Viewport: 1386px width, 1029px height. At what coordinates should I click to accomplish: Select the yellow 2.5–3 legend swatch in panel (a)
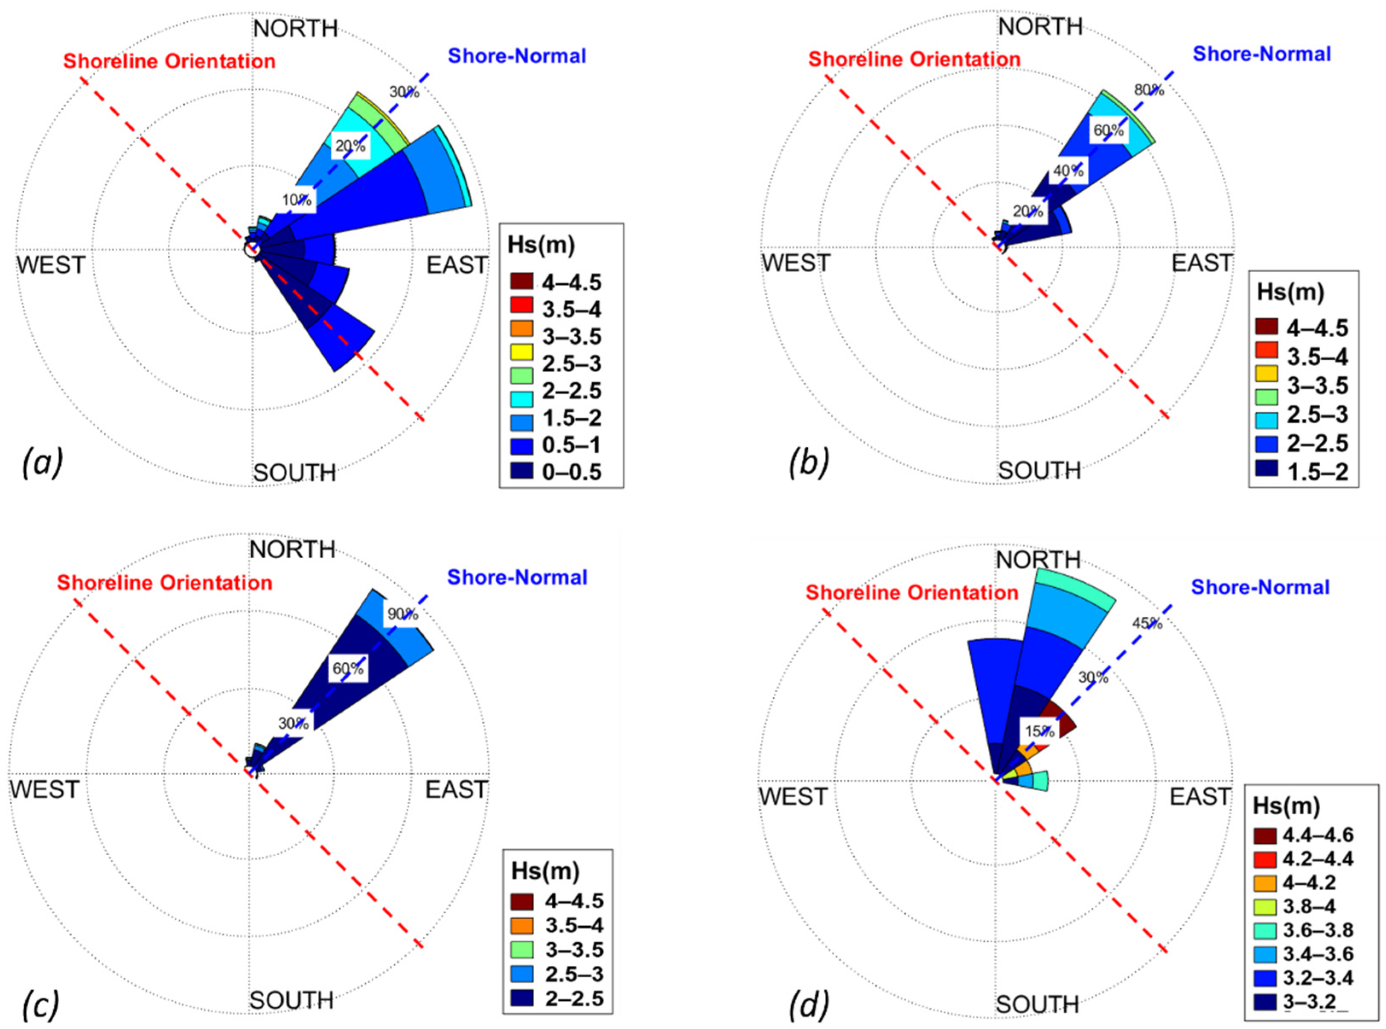pos(521,351)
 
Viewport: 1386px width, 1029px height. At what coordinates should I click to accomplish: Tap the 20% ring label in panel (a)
pos(350,146)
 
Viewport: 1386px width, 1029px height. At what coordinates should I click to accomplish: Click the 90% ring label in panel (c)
pos(402,614)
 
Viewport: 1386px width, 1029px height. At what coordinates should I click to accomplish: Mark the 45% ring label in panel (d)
pos(1147,624)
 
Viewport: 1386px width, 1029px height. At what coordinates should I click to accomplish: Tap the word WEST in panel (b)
pos(796,263)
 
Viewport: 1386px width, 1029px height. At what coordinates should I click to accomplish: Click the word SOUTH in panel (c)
pos(291,1000)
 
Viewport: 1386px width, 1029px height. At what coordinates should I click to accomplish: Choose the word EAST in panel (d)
pos(1200,797)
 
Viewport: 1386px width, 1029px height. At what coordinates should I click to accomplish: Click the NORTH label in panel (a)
pos(295,29)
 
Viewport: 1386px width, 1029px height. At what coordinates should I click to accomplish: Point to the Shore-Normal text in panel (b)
pos(1261,54)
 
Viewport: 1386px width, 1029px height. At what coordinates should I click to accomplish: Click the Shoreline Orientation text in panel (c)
pos(164,583)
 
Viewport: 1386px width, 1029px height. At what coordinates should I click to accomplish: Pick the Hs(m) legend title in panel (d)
pos(1286,807)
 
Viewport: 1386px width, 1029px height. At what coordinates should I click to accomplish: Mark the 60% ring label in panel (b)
pos(1109,131)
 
